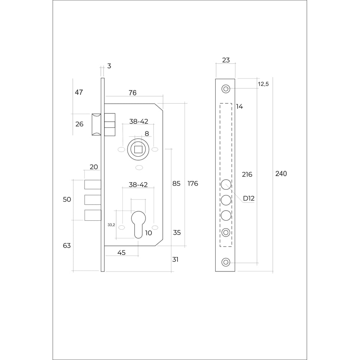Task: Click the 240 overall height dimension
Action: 281,174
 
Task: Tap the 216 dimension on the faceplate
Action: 247,175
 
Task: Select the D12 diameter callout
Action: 249,198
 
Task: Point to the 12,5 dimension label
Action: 263,84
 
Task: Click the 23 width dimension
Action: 226,60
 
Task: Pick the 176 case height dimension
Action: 193,184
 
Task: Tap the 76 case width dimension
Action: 132,93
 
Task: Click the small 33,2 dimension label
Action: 111,225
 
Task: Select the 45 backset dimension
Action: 121,253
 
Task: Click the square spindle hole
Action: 138,149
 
